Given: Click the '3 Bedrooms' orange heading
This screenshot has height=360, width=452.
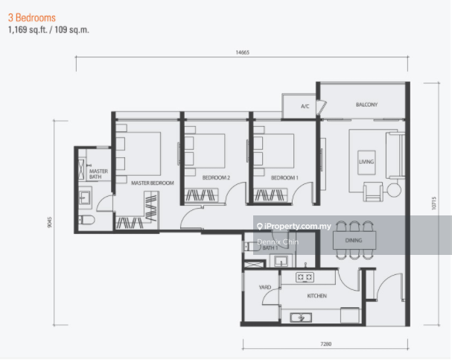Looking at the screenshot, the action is [x=32, y=18].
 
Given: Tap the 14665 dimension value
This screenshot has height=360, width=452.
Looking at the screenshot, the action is [x=243, y=52].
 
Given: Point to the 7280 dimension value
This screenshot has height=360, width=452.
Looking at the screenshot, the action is [x=326, y=344].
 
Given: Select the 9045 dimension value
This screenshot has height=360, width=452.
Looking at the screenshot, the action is [x=50, y=222].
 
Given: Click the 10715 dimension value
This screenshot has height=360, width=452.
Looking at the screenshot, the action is [x=434, y=203].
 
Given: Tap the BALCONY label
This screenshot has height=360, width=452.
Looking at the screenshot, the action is [x=366, y=104].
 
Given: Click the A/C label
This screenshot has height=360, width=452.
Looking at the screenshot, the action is [x=305, y=107].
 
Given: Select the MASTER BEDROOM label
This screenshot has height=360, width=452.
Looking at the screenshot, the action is [x=153, y=183].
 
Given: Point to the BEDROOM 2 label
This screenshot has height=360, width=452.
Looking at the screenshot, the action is [x=216, y=177].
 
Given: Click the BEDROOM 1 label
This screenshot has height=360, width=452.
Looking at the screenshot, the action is [x=284, y=177].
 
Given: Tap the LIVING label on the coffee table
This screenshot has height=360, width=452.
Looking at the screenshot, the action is [x=366, y=162].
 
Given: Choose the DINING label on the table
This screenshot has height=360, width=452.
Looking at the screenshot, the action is [x=354, y=240].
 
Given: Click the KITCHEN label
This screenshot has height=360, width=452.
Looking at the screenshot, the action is [x=317, y=296].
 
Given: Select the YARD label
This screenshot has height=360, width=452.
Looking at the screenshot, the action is [x=265, y=287].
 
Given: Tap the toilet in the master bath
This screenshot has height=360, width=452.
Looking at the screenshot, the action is [x=86, y=221].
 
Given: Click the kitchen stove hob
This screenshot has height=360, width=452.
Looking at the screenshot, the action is [x=305, y=277].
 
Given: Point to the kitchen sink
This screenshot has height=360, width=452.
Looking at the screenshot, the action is [x=301, y=318].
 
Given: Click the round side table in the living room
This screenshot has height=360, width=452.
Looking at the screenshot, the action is [x=394, y=190].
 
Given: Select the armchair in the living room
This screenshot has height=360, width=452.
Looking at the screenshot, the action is [x=373, y=192].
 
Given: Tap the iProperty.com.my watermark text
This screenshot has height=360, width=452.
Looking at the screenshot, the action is [x=294, y=226].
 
